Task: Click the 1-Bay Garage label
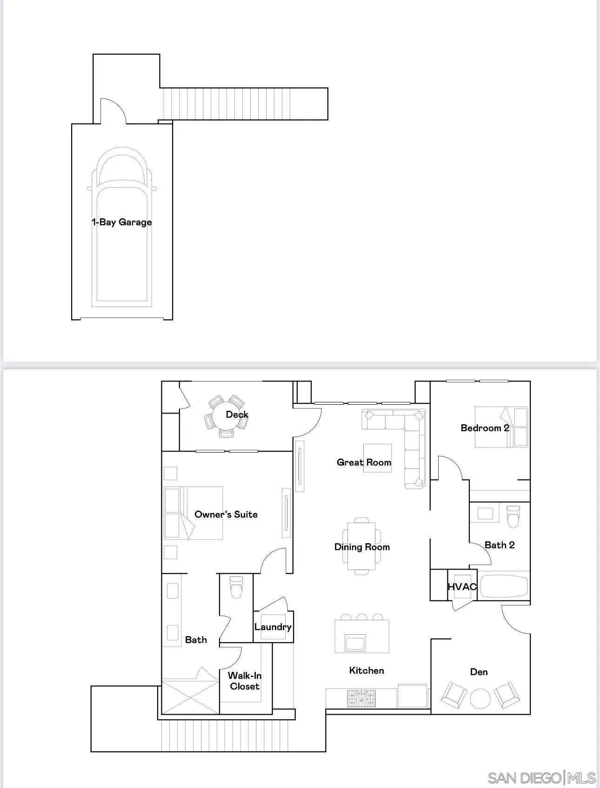122,222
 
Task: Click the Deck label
237,414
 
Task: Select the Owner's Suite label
226,514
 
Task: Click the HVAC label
462,587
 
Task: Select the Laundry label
273,627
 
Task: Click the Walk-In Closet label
245,681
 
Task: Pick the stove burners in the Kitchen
361,698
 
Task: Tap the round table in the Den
480,698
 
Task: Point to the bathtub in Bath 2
504,587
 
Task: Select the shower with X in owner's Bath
190,697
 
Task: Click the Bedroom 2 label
485,428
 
